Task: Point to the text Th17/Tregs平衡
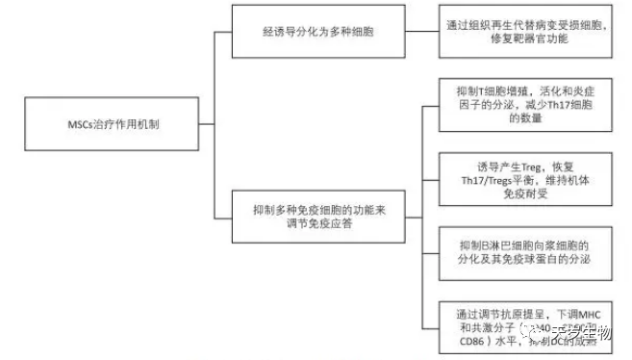pos(511,178)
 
